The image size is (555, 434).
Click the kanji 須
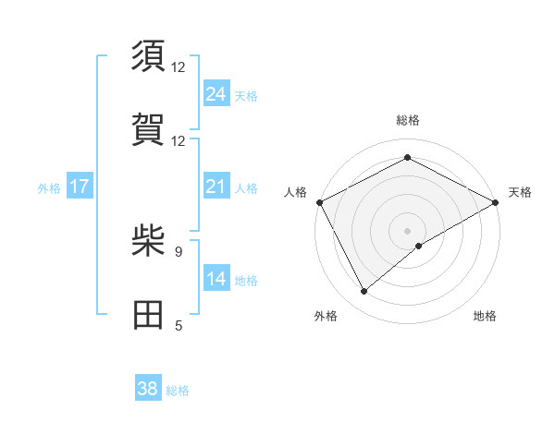click(148, 57)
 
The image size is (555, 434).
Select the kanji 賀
click(148, 130)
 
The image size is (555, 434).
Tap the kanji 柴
click(148, 242)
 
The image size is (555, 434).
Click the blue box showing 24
click(216, 93)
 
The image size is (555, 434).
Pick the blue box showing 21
click(216, 187)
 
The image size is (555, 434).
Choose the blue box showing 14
click(216, 279)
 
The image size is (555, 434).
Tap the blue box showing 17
click(80, 187)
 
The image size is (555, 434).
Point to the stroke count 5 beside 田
click(179, 325)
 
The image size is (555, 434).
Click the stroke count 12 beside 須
click(179, 67)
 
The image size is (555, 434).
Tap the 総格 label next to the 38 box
click(178, 391)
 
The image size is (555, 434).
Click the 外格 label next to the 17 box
click(49, 187)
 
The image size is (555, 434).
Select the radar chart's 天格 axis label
click(520, 192)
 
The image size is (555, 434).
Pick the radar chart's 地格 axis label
click(485, 316)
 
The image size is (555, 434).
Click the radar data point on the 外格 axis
click(364, 292)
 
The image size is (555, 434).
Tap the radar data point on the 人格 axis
click(319, 201)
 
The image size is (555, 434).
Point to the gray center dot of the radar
click(408, 230)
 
